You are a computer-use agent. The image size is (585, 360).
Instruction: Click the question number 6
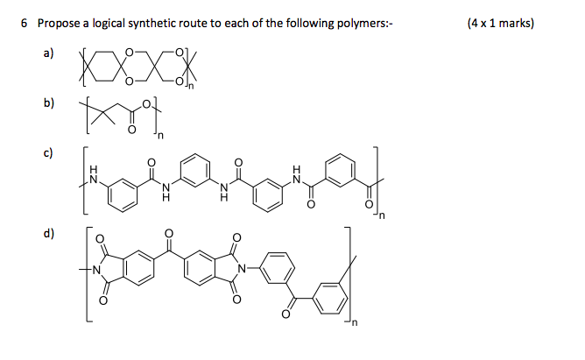24,23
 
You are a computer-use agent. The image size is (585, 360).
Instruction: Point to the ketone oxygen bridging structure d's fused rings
168,234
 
